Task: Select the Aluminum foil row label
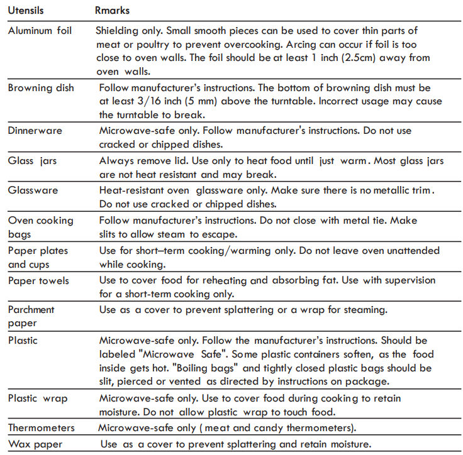point(40,30)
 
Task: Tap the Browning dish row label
point(40,88)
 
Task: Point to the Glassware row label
point(33,190)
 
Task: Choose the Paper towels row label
point(38,280)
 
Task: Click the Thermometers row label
point(41,428)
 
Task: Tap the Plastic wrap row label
point(38,398)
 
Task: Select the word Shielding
point(120,30)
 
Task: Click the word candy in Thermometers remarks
point(252,428)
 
